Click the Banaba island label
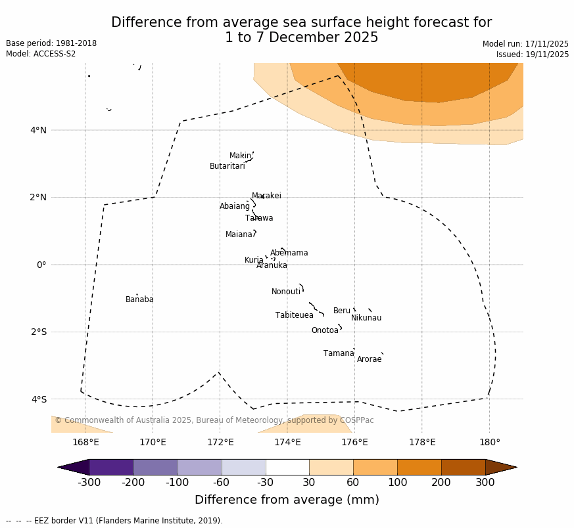pos(139,299)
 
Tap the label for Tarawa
pos(259,218)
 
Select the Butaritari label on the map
pos(227,166)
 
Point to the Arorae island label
pos(369,359)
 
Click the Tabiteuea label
pos(294,315)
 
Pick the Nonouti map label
pos(285,292)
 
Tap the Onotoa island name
pos(325,330)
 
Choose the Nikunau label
pos(366,318)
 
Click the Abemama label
pos(289,253)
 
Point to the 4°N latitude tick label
pos(38,130)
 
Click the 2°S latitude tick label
pos(38,332)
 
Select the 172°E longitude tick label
pos(220,442)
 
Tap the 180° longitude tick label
pos(489,442)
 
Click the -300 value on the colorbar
pos(89,483)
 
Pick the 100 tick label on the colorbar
pos(397,483)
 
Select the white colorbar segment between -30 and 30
pos(287,467)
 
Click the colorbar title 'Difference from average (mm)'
pos(287,500)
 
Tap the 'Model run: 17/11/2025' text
pos(525,44)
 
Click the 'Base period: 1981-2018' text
pos(51,43)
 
